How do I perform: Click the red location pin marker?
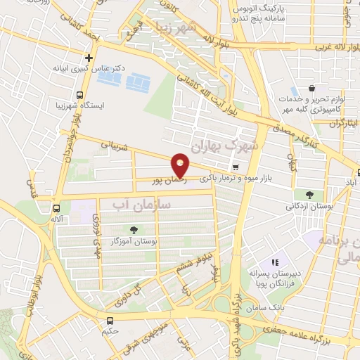(181, 165)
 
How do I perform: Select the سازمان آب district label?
(142, 204)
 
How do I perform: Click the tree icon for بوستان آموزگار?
(134, 230)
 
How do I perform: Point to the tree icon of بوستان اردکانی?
(309, 194)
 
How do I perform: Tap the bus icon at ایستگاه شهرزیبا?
(79, 95)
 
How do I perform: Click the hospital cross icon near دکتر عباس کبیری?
(89, 58)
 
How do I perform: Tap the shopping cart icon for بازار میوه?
(236, 167)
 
